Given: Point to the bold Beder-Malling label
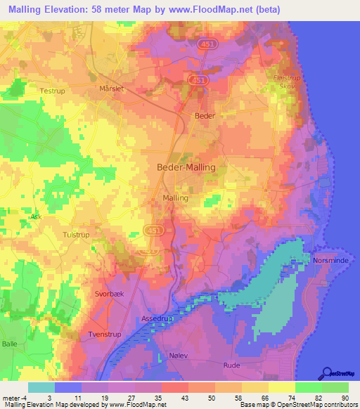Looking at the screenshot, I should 186,167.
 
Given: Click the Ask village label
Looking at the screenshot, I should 37,217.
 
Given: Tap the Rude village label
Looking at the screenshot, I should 231,365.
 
